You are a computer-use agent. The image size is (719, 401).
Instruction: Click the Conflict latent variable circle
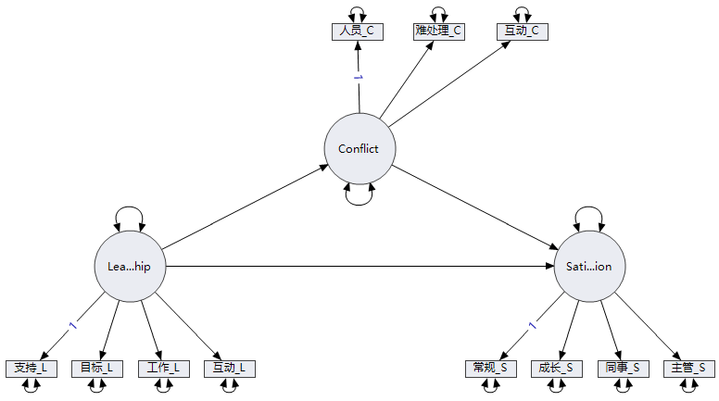(x=359, y=149)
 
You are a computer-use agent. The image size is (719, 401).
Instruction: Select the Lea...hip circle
(x=130, y=267)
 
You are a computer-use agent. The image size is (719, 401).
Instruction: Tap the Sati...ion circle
(x=589, y=267)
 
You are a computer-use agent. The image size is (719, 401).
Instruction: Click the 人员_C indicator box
(x=357, y=31)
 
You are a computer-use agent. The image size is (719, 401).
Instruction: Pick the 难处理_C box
(x=438, y=31)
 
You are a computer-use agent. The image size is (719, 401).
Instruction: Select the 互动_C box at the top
(x=522, y=31)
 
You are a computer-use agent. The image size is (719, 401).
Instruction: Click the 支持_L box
(x=31, y=368)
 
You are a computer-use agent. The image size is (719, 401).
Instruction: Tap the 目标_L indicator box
(x=97, y=368)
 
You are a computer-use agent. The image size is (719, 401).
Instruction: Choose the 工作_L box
(x=163, y=368)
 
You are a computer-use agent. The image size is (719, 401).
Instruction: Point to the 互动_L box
(x=229, y=368)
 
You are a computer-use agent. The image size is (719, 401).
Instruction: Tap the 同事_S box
(x=623, y=368)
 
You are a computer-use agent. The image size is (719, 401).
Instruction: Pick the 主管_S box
(x=688, y=368)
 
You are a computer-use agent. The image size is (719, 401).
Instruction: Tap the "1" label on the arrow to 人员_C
(x=357, y=78)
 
